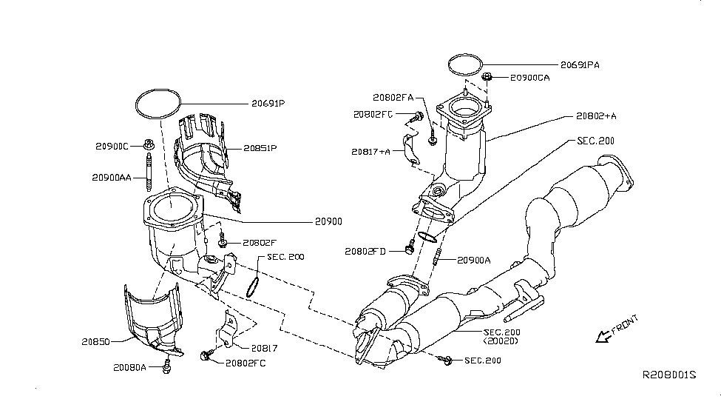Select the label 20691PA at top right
[x=579, y=65]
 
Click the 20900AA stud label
[x=113, y=178]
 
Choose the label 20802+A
[x=596, y=116]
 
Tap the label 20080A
[x=130, y=366]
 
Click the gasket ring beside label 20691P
[x=158, y=103]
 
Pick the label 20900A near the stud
[x=474, y=260]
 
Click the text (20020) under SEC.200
[x=501, y=342]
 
